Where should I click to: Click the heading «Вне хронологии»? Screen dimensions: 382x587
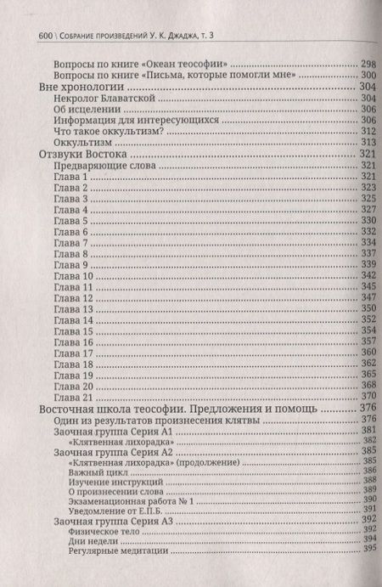pos(78,87)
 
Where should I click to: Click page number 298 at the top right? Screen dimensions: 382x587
pos(366,64)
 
